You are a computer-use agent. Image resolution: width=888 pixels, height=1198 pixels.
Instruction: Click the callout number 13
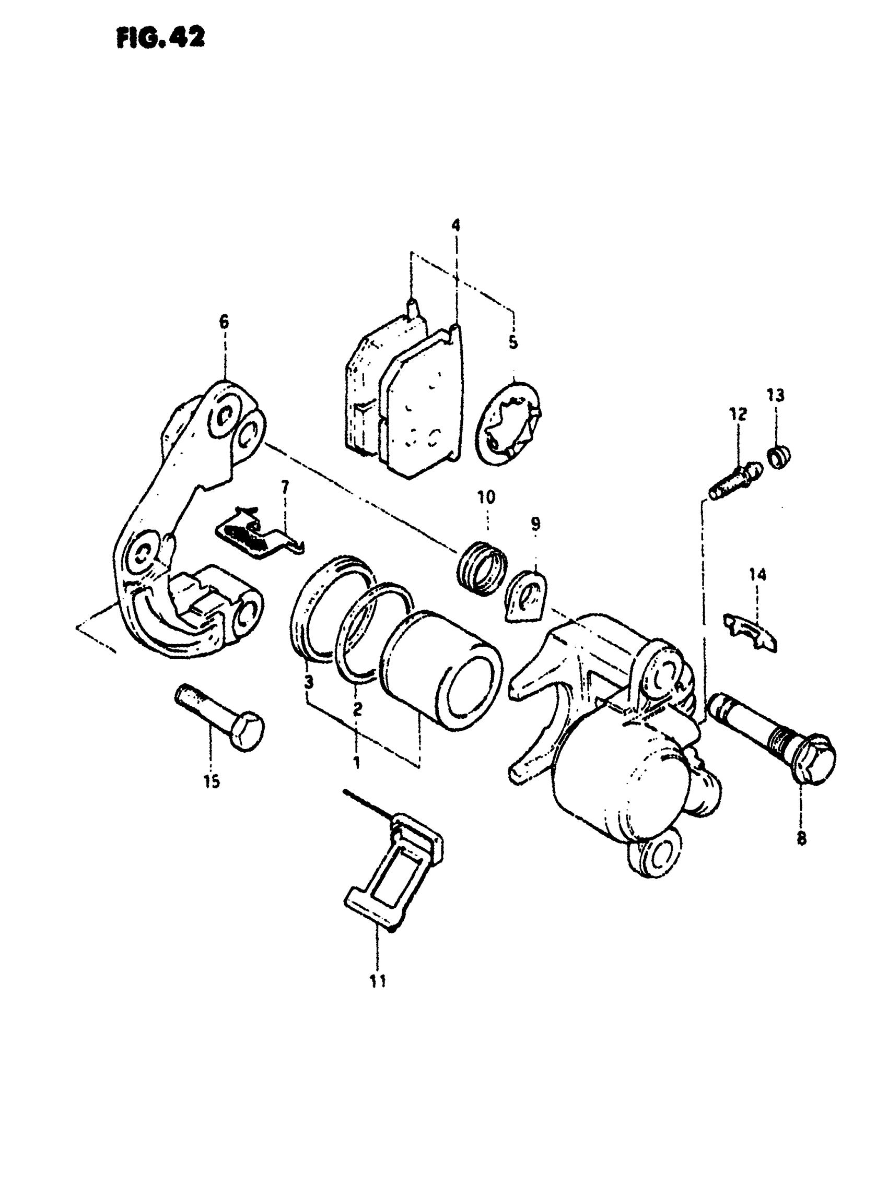point(776,395)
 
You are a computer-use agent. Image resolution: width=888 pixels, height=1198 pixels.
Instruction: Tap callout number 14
point(758,575)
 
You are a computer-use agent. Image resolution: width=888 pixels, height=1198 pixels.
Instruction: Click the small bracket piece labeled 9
point(527,597)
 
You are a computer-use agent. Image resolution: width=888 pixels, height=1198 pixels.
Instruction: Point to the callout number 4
point(456,226)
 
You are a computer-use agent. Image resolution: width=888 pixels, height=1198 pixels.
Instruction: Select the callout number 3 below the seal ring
point(308,683)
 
